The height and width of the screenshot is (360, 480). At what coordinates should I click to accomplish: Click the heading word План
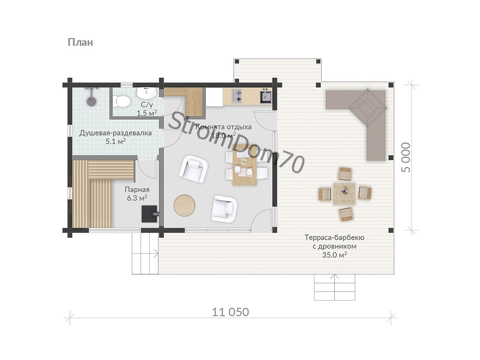(x=80, y=42)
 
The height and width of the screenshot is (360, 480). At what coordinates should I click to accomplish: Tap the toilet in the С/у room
(x=121, y=101)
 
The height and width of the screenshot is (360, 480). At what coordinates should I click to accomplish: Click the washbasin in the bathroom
(x=147, y=91)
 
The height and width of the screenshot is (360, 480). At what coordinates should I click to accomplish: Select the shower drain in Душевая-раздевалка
(x=91, y=101)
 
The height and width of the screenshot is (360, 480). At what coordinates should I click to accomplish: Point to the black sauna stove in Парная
(x=150, y=214)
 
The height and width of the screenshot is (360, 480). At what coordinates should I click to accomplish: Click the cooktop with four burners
(x=236, y=96)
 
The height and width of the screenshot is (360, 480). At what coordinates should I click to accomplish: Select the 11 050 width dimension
(x=231, y=312)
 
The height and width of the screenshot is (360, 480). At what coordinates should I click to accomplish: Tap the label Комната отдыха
(x=223, y=126)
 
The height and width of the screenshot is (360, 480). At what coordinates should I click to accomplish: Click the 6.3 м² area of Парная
(x=137, y=198)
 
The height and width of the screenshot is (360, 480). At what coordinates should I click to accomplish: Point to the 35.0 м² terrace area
(x=334, y=255)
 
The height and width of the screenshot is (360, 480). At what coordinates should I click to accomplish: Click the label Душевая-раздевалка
(x=116, y=133)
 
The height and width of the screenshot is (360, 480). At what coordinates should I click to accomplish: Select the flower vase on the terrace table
(x=345, y=190)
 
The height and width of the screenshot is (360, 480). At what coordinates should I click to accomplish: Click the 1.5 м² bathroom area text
(x=147, y=113)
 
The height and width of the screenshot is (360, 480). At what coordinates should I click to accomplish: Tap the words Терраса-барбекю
(x=334, y=238)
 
